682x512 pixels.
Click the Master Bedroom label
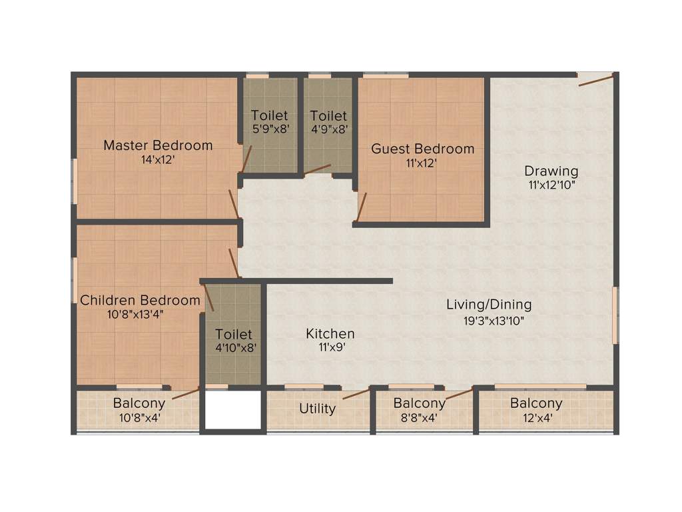[x=158, y=145]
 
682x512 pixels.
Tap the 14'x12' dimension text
[x=158, y=160]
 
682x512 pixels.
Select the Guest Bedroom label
[x=422, y=149]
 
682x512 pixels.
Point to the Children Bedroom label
[x=140, y=301]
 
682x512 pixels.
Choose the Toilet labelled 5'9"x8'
[x=270, y=116]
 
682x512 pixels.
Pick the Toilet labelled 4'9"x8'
[x=328, y=116]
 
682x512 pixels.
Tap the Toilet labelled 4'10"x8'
[x=233, y=333]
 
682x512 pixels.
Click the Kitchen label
[x=330, y=333]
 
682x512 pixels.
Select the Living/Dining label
[x=489, y=305]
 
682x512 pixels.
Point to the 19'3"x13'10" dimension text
[x=494, y=321]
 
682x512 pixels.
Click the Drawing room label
[x=551, y=171]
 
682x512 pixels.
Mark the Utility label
[x=317, y=408]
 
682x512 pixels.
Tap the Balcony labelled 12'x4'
[x=536, y=403]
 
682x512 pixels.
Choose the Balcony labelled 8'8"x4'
[x=419, y=403]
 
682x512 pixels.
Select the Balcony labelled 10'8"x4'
[x=139, y=403]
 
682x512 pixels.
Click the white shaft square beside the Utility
[x=232, y=409]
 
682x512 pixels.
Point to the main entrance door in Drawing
[x=595, y=81]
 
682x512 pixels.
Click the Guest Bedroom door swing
[x=361, y=207]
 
